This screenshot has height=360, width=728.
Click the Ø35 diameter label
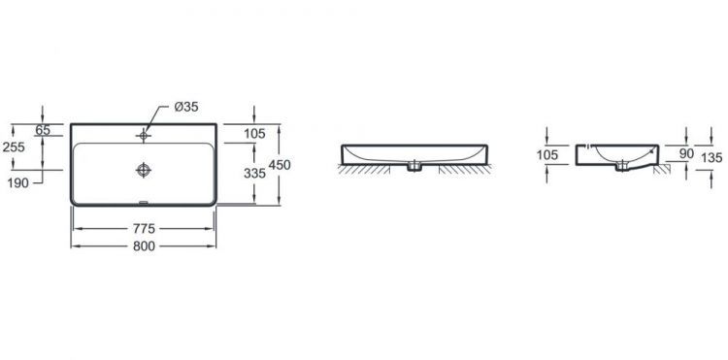[x=186, y=107]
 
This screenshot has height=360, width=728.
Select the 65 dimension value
[x=43, y=130]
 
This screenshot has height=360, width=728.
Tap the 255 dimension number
[x=14, y=147]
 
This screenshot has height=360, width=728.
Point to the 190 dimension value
[x=18, y=183]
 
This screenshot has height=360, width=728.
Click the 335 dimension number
[x=255, y=173]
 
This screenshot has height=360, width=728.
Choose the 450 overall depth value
[x=280, y=165]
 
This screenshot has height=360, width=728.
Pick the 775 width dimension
[x=144, y=229]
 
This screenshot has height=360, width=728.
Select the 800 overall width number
[x=144, y=246]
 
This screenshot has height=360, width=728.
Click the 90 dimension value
[x=686, y=153]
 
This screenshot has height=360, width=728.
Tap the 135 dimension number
[x=711, y=158]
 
